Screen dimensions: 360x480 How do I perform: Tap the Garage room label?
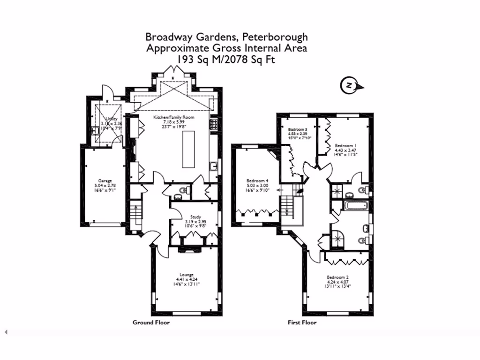(x=105, y=180)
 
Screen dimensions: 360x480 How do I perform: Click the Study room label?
(x=189, y=216)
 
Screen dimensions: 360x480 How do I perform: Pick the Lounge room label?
(x=186, y=275)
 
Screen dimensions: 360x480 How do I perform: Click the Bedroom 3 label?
(x=298, y=129)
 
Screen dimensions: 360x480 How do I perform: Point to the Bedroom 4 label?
(x=257, y=180)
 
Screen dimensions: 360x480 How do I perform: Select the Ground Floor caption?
(x=151, y=322)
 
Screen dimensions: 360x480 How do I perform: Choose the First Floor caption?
(x=302, y=322)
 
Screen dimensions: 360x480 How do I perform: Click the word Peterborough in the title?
(x=280, y=37)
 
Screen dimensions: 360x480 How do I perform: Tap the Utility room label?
(x=111, y=119)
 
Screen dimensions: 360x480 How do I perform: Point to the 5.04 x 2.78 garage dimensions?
(x=105, y=186)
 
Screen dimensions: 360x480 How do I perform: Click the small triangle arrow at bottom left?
(x=7, y=332)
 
